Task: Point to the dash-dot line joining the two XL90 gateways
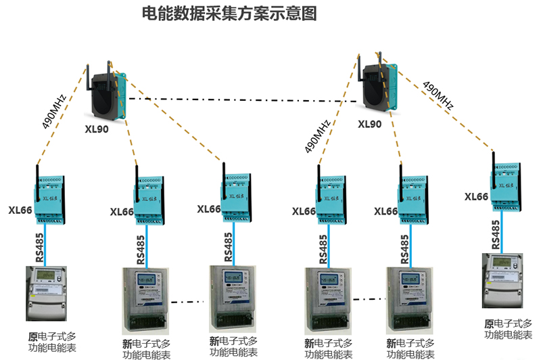(x=243, y=100)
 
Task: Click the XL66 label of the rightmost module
(x=476, y=197)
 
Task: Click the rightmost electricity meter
(x=504, y=282)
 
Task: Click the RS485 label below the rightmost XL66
(x=496, y=235)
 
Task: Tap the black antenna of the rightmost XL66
(x=494, y=162)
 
